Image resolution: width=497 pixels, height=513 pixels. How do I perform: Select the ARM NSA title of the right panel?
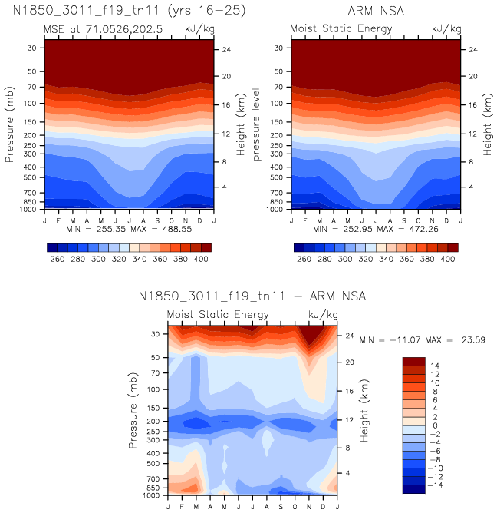coord(375,11)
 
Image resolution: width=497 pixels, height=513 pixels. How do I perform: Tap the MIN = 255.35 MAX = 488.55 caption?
coord(128,230)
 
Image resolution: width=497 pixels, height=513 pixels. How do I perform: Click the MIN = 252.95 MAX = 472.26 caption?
coord(375,230)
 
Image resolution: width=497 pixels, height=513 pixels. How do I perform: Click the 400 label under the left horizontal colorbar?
coord(201,260)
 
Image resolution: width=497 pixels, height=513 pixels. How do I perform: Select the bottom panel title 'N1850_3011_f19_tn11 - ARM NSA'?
coord(252,296)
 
